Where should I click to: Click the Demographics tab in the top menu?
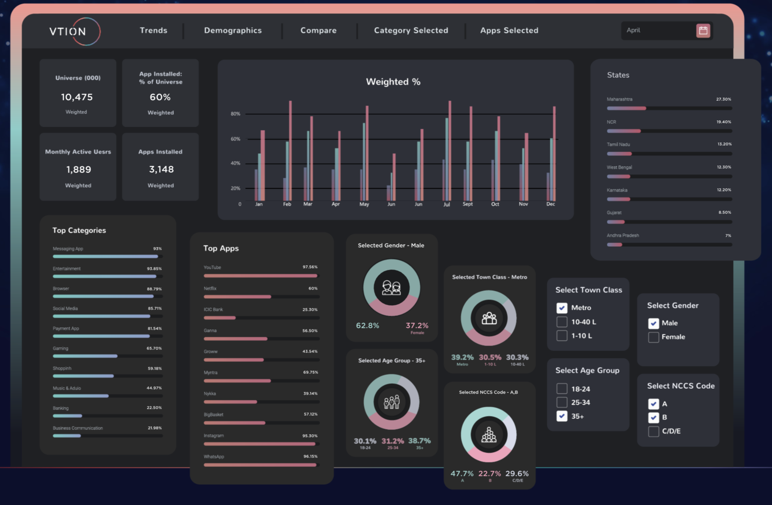point(233,30)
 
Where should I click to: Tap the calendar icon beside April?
point(703,30)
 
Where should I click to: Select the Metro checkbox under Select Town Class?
point(562,308)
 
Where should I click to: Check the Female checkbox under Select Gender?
point(653,337)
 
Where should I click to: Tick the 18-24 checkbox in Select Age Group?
point(562,389)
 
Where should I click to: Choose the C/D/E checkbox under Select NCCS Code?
point(653,431)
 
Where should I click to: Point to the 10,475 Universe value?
point(77,97)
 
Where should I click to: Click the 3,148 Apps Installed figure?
point(161,169)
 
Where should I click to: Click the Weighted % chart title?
point(393,82)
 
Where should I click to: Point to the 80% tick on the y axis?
point(235,114)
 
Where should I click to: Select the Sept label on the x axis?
point(467,204)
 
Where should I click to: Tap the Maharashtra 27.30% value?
point(723,99)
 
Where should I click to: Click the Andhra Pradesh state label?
point(622,236)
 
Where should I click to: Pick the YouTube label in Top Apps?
point(212,268)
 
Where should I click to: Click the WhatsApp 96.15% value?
point(310,457)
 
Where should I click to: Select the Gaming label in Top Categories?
point(60,349)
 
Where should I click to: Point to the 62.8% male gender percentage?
point(367,325)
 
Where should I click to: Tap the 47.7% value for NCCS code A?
point(462,474)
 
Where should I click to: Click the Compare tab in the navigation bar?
point(318,30)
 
